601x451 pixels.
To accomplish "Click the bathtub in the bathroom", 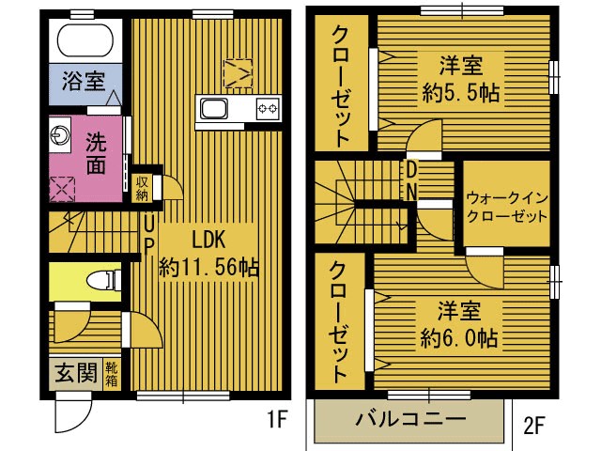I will coord(85,41).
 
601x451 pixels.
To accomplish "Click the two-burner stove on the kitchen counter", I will coord(267,109).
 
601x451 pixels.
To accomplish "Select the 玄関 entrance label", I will coord(75,374).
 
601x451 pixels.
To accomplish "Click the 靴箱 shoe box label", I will coord(112,375).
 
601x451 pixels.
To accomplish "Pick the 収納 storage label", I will coord(142,188).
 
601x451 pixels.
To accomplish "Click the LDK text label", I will coord(210,238).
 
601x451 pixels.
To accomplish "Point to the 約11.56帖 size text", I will coord(208,266).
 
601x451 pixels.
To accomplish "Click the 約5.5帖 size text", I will coord(459,94).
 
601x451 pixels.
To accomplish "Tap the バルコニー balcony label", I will coord(410,418).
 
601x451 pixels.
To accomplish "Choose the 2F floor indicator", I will coord(533,426).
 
